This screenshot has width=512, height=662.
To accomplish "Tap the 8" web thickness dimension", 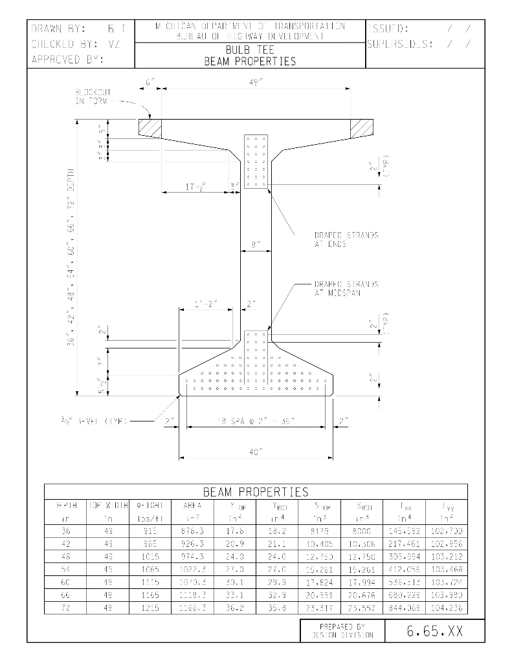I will pyautogui.click(x=256, y=245).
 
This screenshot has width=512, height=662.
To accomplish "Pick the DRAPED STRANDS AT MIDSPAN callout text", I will pyautogui.click(x=346, y=288).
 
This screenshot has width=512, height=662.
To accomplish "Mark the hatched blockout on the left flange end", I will pyautogui.click(x=150, y=127).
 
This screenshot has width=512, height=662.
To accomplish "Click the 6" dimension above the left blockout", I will pyautogui.click(x=150, y=83).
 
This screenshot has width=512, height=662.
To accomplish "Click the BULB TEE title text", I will pyautogui.click(x=250, y=50).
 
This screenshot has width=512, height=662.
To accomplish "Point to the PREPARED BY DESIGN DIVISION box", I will pyautogui.click(x=342, y=631).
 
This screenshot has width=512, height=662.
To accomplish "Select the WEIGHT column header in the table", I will pyautogui.click(x=149, y=505).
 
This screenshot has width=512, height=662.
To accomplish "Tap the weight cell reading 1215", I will pyautogui.click(x=149, y=608).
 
